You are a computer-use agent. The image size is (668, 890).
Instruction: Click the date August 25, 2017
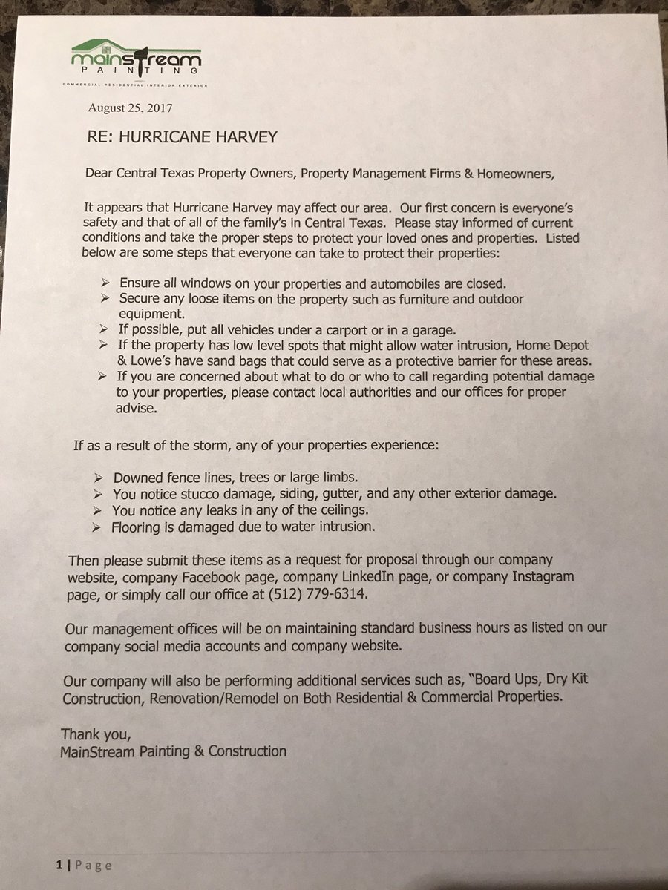pyautogui.click(x=130, y=108)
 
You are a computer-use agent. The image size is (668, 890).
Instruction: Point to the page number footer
pyautogui.click(x=83, y=866)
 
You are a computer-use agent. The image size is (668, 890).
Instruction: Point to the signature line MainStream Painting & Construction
pyautogui.click(x=174, y=751)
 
